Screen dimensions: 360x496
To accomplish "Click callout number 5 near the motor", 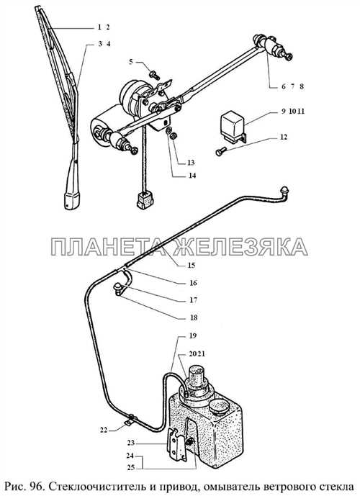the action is pyautogui.click(x=131, y=62).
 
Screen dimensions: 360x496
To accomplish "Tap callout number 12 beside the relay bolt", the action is pyautogui.click(x=284, y=137).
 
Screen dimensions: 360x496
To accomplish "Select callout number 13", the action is pyautogui.click(x=191, y=163).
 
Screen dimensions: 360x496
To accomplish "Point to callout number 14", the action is pyautogui.click(x=192, y=176).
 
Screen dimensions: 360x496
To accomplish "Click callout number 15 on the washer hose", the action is pyautogui.click(x=192, y=265).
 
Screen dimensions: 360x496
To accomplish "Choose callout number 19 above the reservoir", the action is pyautogui.click(x=193, y=335).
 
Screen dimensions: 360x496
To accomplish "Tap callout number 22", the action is pyautogui.click(x=104, y=430).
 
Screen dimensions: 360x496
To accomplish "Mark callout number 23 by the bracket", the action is pyautogui.click(x=131, y=443).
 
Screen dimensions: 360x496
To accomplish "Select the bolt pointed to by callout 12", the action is pyautogui.click(x=220, y=151).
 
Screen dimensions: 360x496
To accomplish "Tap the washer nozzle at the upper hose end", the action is pyautogui.click(x=284, y=191).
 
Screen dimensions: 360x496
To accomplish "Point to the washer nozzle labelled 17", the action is pyautogui.click(x=118, y=289).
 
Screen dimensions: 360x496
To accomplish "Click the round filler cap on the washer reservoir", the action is pyautogui.click(x=218, y=407).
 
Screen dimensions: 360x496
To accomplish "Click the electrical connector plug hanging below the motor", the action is pyautogui.click(x=145, y=200).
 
